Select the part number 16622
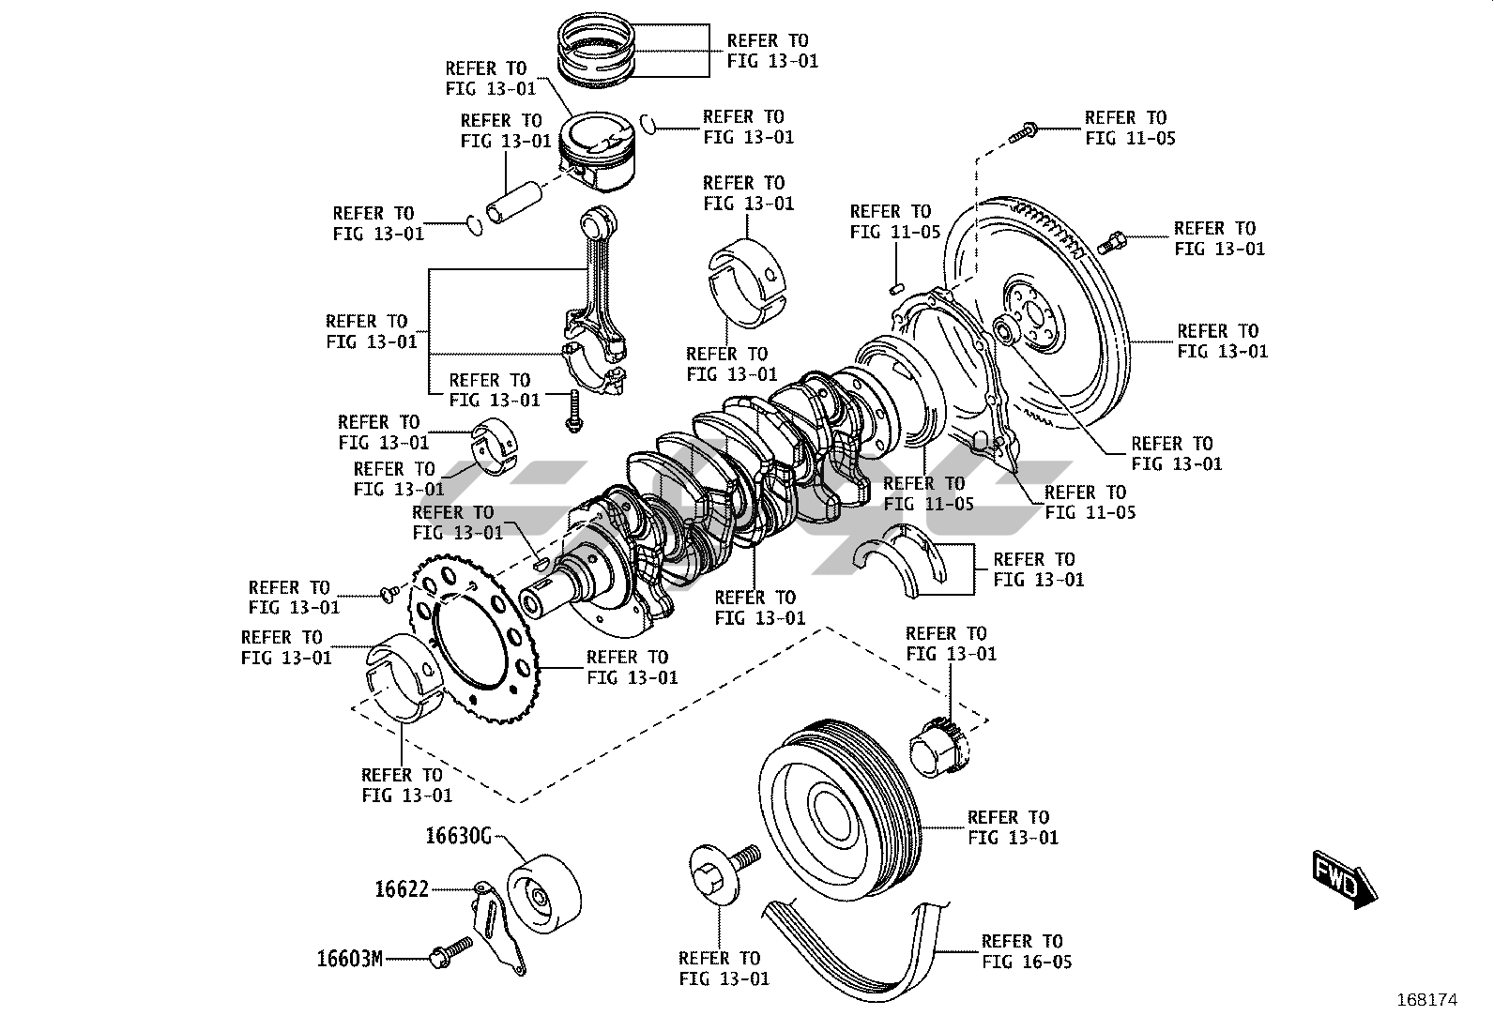click(x=402, y=888)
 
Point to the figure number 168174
click(x=1426, y=1000)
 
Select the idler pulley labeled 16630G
click(x=543, y=895)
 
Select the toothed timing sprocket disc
click(x=464, y=639)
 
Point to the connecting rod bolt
click(x=572, y=414)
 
